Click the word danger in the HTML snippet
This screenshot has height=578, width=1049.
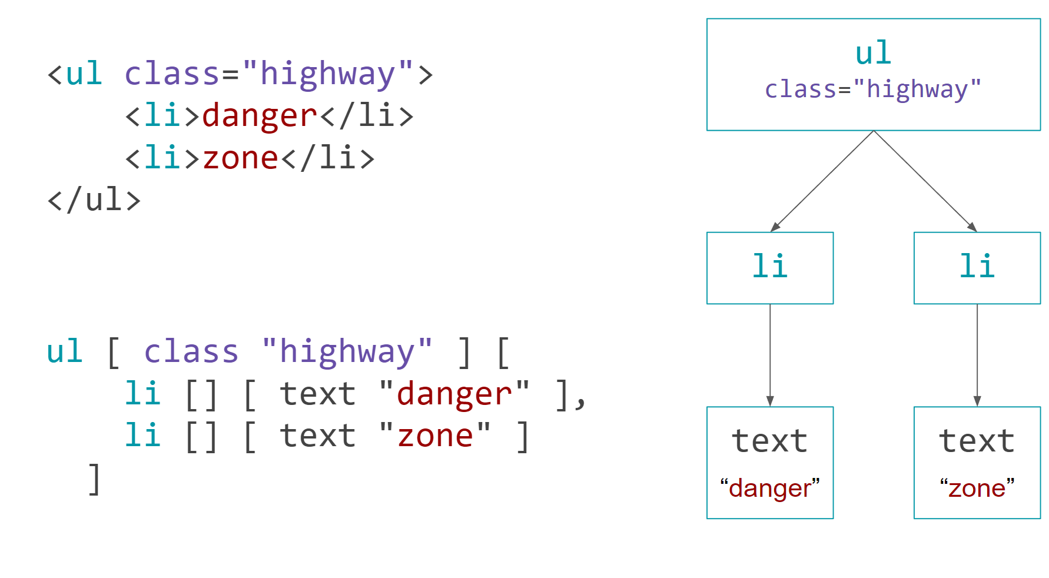[x=260, y=115]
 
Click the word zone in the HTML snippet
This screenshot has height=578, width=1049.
[x=240, y=158]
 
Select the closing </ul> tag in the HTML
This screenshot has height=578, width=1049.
[x=94, y=200]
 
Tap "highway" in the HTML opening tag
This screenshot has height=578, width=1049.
[x=327, y=74]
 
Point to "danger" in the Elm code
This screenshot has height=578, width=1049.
[x=454, y=394]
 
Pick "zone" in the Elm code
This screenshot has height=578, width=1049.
[x=435, y=436]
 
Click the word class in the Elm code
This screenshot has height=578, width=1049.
[x=191, y=352]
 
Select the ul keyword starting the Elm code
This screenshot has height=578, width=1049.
[x=65, y=352]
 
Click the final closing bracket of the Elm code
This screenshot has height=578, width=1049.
[x=94, y=479]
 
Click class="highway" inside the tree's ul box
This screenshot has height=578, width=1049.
[x=873, y=89]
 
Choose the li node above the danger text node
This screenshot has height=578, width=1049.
[x=770, y=267]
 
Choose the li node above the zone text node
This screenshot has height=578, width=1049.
[x=977, y=267]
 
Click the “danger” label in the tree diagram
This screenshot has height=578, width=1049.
[x=770, y=489]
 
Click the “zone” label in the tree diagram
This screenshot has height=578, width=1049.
[x=977, y=489]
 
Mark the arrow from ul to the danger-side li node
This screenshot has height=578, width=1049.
[x=822, y=181]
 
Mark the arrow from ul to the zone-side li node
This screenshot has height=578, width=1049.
[x=925, y=181]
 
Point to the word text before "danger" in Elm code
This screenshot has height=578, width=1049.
[x=318, y=394]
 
